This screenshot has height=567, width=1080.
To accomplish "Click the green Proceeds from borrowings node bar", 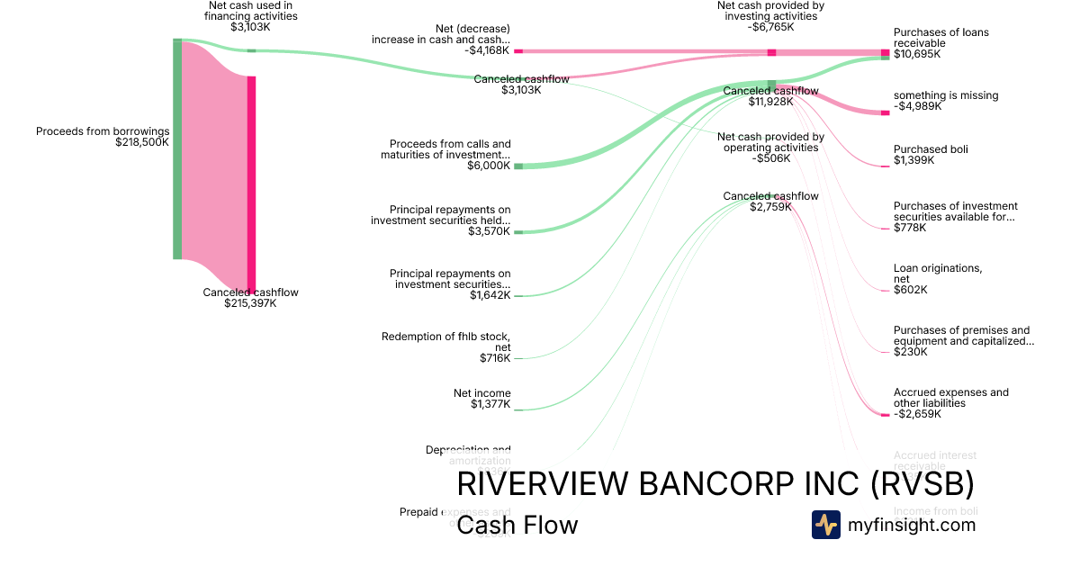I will pyautogui.click(x=177, y=149).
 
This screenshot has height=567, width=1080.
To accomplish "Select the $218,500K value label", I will pyautogui.click(x=142, y=142).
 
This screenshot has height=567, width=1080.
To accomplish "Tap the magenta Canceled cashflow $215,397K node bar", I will pyautogui.click(x=251, y=184).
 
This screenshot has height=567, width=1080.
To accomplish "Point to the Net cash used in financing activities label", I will pyautogui.click(x=250, y=11).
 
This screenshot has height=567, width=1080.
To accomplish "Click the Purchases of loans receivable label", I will pyautogui.click(x=940, y=38).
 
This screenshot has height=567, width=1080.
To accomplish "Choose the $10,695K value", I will pyautogui.click(x=917, y=54).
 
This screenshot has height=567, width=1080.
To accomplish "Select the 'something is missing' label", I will pyautogui.click(x=945, y=95).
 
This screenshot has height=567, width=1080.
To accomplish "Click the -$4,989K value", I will pyautogui.click(x=917, y=106).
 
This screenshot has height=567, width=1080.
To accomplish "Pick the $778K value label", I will pyautogui.click(x=910, y=228).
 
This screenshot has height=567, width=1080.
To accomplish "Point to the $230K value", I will pyautogui.click(x=910, y=352).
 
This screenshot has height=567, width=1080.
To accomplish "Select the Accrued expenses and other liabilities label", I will pyautogui.click(x=950, y=398).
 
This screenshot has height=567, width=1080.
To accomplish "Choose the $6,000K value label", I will pyautogui.click(x=490, y=166).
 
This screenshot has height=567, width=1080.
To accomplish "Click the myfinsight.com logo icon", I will pyautogui.click(x=825, y=525).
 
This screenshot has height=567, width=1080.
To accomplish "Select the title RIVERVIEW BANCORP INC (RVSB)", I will pyautogui.click(x=715, y=484).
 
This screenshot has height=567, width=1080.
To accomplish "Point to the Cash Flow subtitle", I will pyautogui.click(x=517, y=526).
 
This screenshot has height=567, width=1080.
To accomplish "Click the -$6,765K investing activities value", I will pyautogui.click(x=771, y=27).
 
